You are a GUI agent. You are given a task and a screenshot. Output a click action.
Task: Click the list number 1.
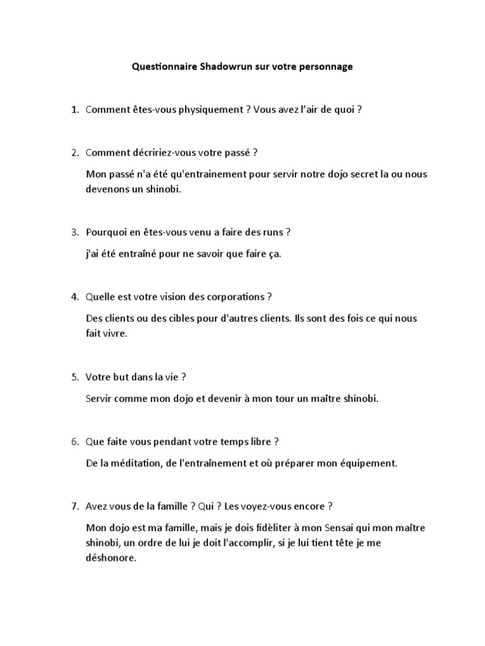point(75,110)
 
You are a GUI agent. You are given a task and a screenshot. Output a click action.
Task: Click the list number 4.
point(75,297)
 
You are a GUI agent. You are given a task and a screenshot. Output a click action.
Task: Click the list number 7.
point(75,506)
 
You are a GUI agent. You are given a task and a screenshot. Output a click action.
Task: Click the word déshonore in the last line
point(111,558)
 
